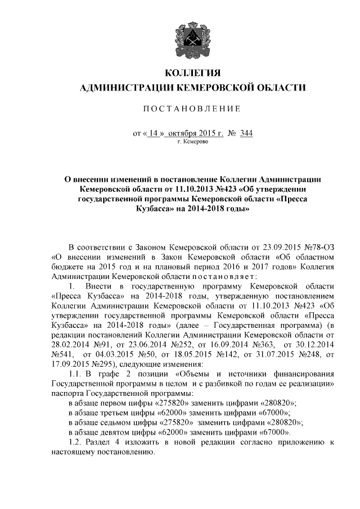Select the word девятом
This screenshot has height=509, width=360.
coord(119,433)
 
